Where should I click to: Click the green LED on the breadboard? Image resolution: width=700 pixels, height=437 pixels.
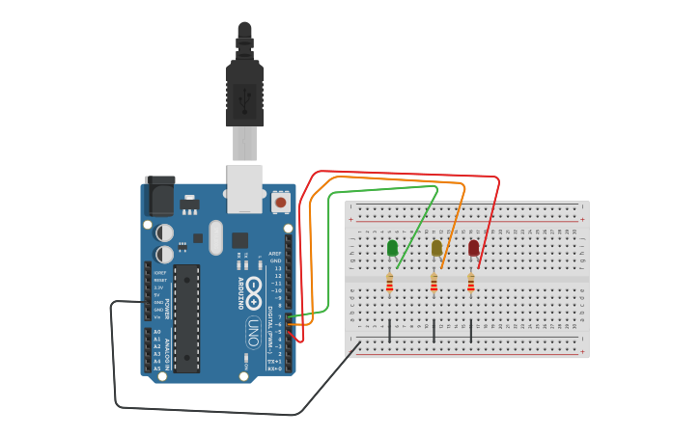coord(392,248)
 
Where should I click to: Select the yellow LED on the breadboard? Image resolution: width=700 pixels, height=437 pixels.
coord(436,248)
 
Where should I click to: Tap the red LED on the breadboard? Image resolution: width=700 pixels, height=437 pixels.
coord(473,248)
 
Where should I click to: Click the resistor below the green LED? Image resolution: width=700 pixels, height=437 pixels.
coord(389,283)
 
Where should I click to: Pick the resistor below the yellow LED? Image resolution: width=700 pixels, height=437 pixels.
coord(434,283)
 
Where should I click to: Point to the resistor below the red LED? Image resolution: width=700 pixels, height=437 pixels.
coord(471,283)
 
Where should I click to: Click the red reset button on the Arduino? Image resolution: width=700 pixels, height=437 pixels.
coord(281,202)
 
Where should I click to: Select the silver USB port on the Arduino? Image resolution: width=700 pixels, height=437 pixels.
coord(244,188)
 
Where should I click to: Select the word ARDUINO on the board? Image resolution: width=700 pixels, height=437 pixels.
coord(240,292)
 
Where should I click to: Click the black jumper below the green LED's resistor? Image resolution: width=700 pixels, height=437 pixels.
coord(389,330)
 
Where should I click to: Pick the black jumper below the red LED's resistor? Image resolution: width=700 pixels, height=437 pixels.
coord(471,330)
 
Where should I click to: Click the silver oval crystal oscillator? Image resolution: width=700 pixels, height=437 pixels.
coord(215,237)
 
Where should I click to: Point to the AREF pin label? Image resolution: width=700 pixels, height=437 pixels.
coord(275,254)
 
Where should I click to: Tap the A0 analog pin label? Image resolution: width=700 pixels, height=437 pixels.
coord(157,332)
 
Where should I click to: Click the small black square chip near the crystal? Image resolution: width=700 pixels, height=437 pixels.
coord(239,240)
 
